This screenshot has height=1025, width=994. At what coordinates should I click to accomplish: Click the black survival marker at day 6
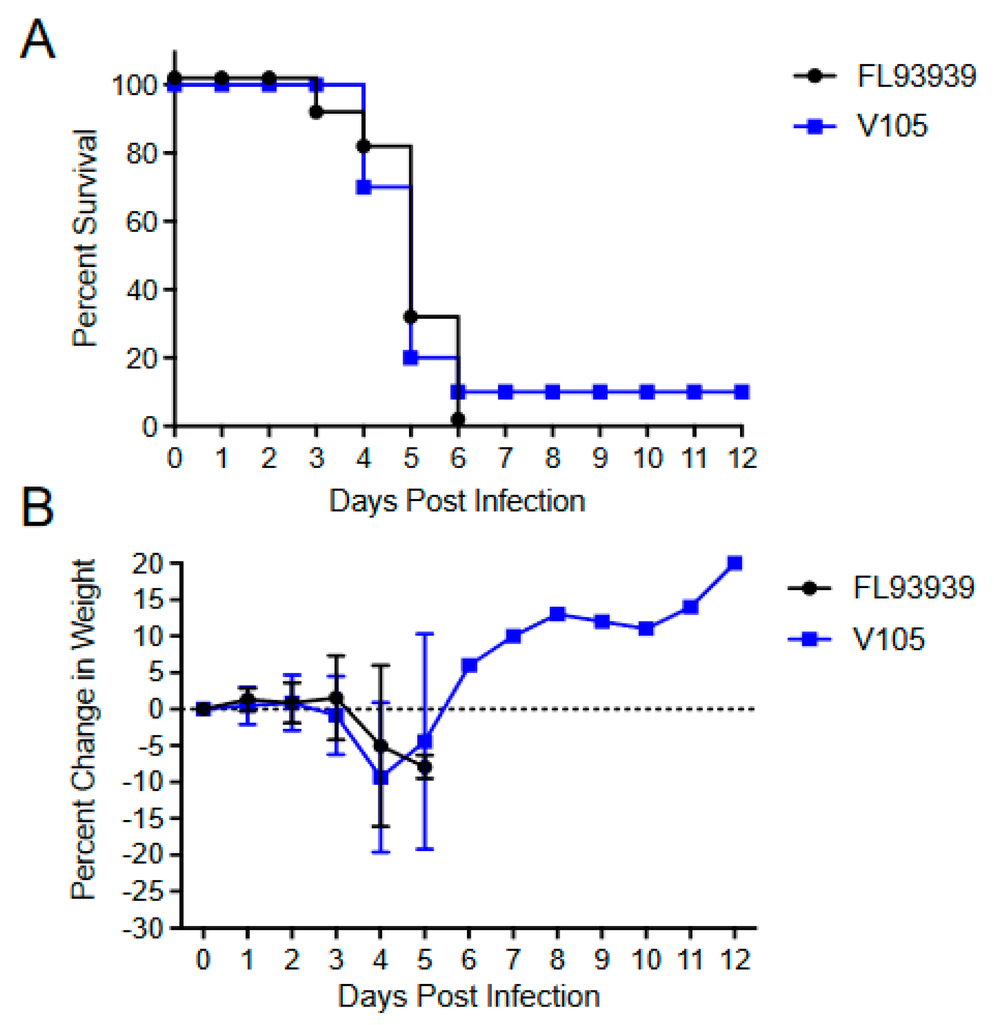click(458, 419)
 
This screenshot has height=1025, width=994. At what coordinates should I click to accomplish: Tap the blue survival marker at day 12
click(741, 392)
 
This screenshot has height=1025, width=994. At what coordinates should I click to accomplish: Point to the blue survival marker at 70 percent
click(364, 187)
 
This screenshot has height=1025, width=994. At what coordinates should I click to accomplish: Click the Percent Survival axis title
click(85, 238)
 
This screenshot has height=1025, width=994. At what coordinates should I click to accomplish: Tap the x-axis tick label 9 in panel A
click(600, 458)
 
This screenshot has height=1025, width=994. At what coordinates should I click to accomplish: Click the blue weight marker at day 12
click(735, 563)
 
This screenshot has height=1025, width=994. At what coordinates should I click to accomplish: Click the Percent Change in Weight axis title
click(84, 730)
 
